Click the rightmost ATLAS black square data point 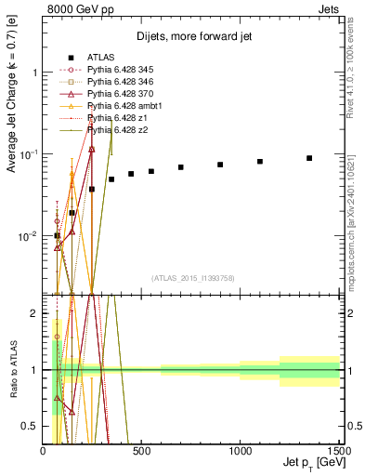[309, 158]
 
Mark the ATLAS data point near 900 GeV [220, 165]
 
